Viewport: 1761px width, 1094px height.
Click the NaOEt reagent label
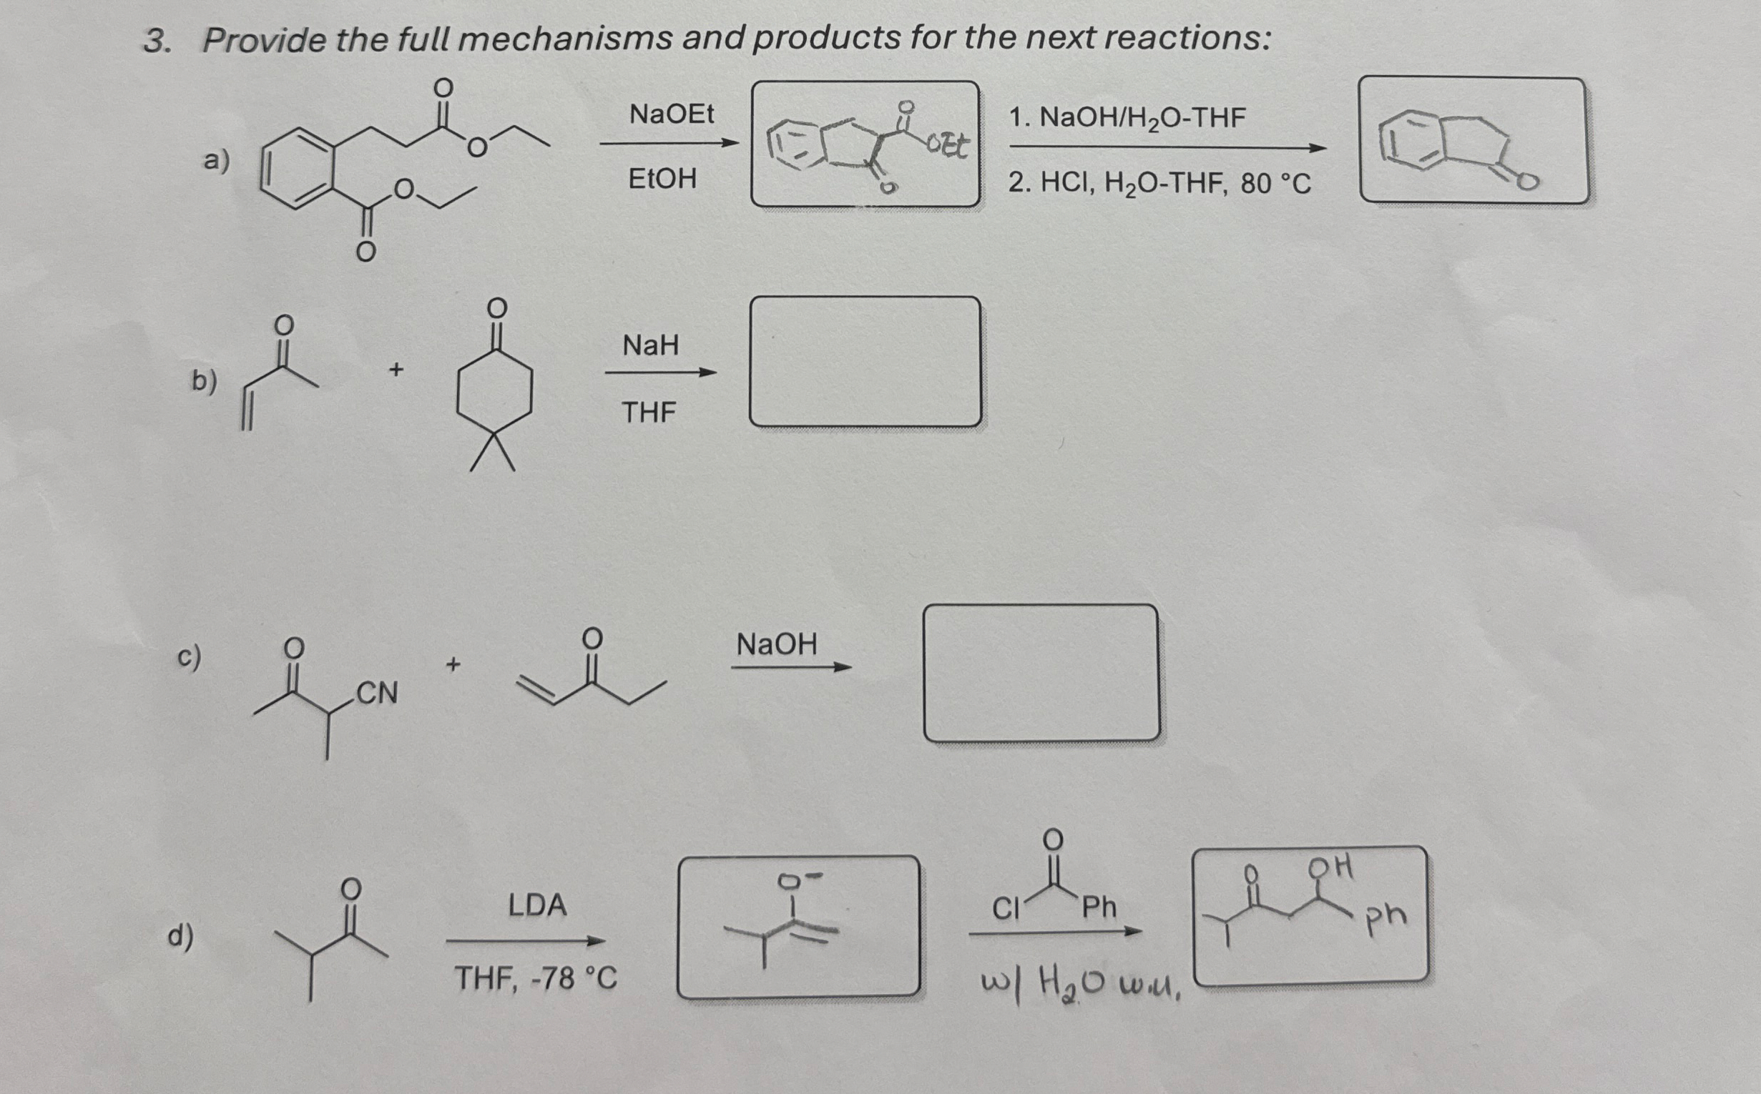[x=671, y=114]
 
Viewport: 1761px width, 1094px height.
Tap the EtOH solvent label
[x=662, y=178]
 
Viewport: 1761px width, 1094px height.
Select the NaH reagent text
[x=651, y=345]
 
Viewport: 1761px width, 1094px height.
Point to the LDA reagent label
[x=537, y=905]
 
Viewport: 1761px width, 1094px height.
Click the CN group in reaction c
[x=377, y=693]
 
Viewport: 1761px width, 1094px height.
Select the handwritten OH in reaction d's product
[x=1330, y=865]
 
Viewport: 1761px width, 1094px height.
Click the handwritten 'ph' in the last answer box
[x=1386, y=917]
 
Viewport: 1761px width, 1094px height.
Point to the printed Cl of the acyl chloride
[x=1005, y=908]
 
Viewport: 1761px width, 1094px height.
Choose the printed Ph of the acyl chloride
[x=1099, y=907]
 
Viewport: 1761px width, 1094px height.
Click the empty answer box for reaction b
[x=865, y=361]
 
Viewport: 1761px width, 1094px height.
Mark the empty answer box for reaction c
[x=1041, y=673]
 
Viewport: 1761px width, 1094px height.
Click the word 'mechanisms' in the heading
[x=565, y=39]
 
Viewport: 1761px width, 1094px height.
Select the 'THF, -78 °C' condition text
[x=536, y=979]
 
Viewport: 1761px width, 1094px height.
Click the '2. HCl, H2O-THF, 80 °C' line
[x=1159, y=184]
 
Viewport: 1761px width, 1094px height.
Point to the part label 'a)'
[x=216, y=161]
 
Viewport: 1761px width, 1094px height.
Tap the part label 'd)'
[x=180, y=935]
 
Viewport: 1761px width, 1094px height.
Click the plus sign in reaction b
[x=396, y=370]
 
